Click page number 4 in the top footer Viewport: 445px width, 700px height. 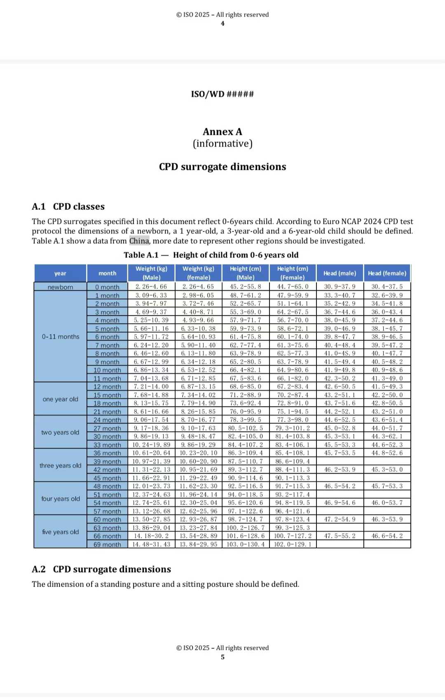tap(222, 23)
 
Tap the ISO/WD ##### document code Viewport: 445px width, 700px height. tap(222, 94)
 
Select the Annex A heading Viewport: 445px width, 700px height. tap(222, 132)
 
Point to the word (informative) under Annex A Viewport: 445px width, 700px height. tap(222, 143)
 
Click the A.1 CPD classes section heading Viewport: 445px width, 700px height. tap(68, 207)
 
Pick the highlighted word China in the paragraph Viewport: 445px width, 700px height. tap(139, 241)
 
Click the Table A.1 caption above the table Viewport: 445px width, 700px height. tap(211, 255)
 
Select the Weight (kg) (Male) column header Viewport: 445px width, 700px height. tap(151, 273)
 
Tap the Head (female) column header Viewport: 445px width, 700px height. tap(387, 273)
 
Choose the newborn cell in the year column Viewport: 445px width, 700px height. tap(60, 287)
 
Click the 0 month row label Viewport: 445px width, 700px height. tap(107, 287)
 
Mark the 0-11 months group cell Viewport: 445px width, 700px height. tap(60, 336)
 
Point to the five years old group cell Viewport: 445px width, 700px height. tap(60, 532)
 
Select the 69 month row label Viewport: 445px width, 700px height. tap(107, 545)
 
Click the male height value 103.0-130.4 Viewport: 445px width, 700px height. tap(246, 544)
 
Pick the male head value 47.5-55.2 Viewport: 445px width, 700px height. tap(340, 536)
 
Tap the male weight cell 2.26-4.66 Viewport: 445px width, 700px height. tap(151, 287)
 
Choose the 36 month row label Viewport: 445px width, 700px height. tap(107, 453)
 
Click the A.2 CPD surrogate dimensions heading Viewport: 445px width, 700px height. tap(101, 569)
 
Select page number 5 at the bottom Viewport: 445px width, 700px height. tap(222, 657)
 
